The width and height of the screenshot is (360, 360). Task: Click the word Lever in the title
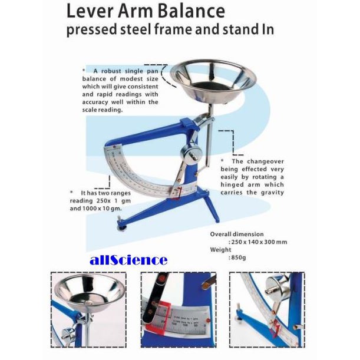click(x=88, y=11)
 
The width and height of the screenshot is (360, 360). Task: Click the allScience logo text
click(x=129, y=259)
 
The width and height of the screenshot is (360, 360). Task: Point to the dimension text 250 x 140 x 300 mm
click(x=257, y=241)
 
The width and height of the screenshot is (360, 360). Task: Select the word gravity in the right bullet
click(x=272, y=192)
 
